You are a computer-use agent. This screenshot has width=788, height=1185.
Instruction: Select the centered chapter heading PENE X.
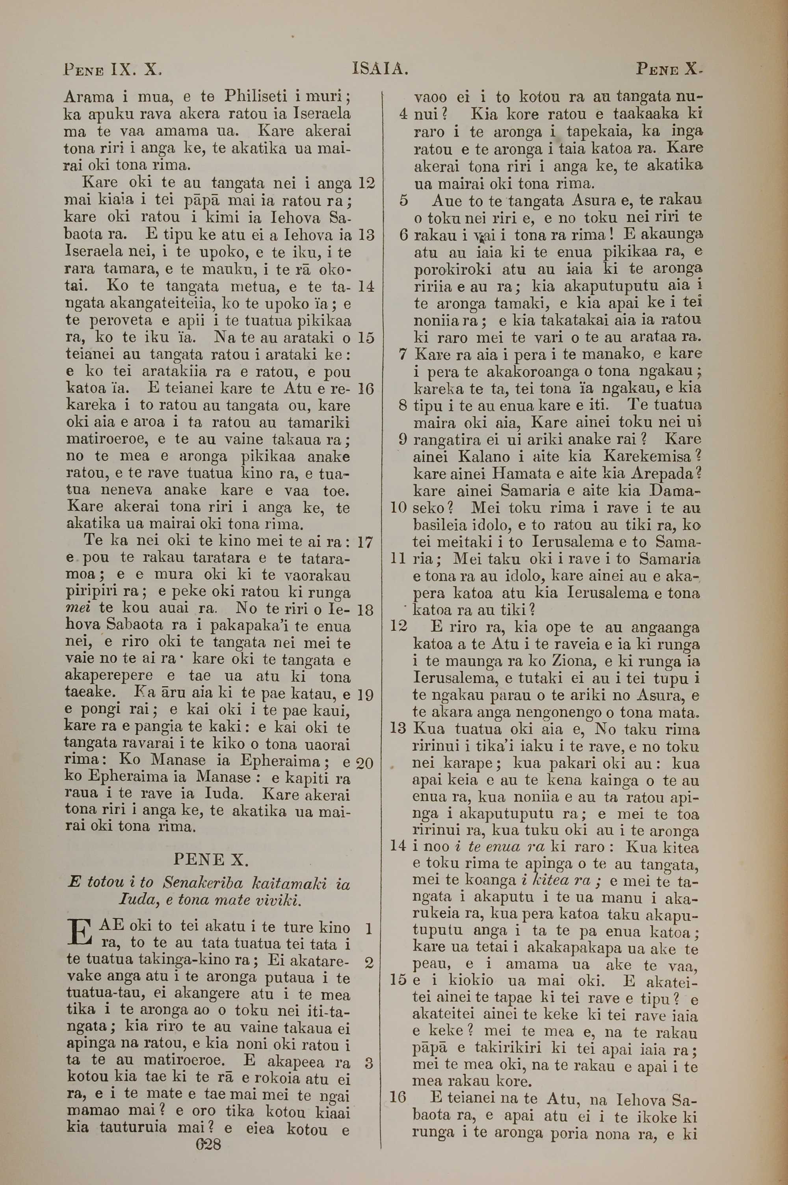tap(211, 860)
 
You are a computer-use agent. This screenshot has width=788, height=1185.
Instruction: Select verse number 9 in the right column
tap(403, 439)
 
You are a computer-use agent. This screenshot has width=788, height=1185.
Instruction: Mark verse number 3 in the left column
tap(369, 1062)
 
